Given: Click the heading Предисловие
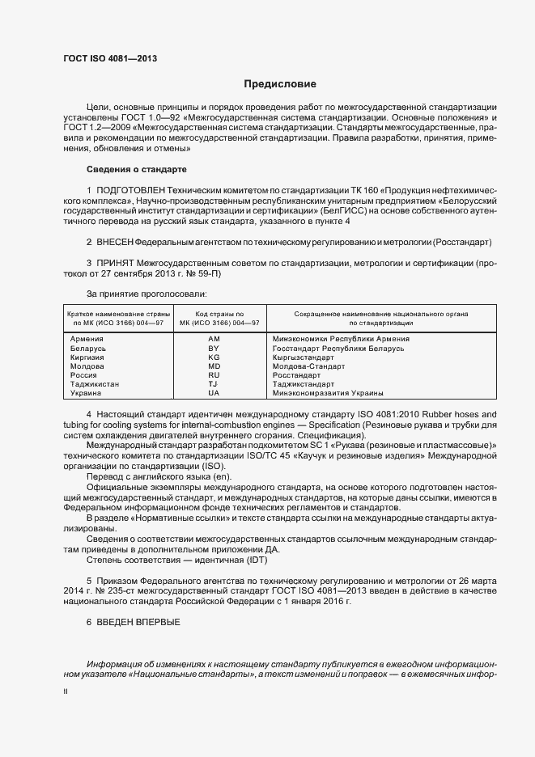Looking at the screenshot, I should (281, 84).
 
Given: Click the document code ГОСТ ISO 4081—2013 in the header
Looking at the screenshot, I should (110, 59).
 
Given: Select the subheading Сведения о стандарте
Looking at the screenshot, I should (136, 169).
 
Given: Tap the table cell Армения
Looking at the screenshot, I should (87, 338).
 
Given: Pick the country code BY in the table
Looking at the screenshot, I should (214, 348).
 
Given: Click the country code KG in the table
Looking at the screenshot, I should (214, 357).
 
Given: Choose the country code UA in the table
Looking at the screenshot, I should (214, 393).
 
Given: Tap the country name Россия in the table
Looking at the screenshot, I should (84, 375).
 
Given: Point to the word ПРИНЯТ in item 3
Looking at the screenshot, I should (117, 263).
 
